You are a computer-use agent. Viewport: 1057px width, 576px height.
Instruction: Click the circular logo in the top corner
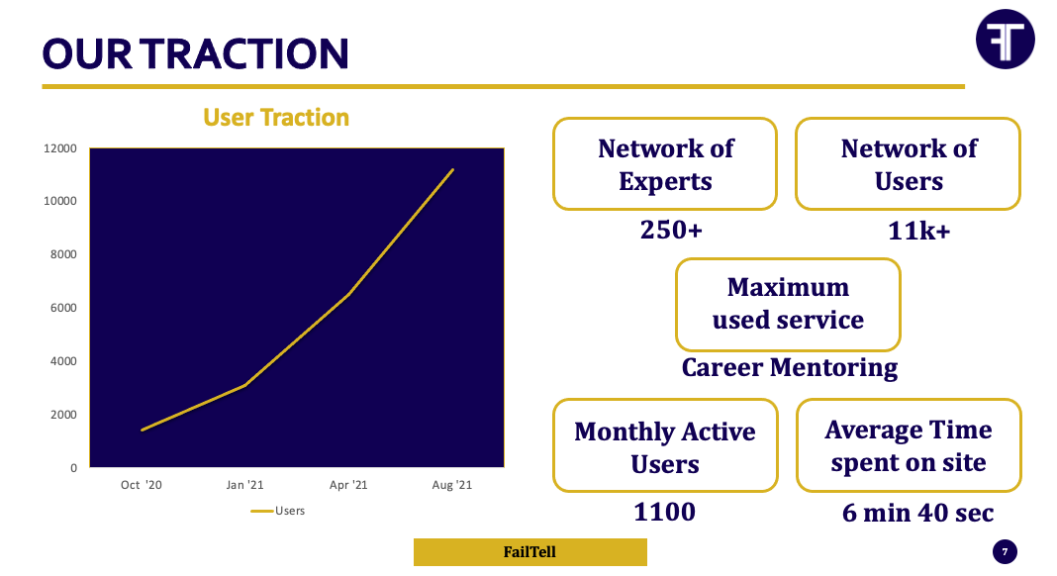(x=1006, y=40)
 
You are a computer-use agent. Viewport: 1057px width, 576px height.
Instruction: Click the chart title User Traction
(x=276, y=118)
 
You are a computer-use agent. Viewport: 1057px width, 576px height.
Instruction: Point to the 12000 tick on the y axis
(x=60, y=148)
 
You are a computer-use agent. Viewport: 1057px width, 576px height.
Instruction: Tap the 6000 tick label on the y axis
(x=63, y=308)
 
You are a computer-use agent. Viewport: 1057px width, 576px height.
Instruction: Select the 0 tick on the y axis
(x=73, y=468)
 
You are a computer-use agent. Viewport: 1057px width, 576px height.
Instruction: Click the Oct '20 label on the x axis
(x=141, y=485)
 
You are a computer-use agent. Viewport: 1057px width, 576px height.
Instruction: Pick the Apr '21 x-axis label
(x=348, y=485)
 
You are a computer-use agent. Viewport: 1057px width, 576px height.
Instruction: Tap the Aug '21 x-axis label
(x=451, y=485)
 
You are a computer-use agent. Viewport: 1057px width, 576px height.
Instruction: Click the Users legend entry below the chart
(x=278, y=511)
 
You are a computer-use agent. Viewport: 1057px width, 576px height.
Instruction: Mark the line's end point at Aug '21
(x=452, y=170)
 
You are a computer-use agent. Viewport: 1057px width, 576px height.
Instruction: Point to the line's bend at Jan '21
(x=245, y=385)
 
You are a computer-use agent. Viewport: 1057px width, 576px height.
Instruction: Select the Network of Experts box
(x=665, y=164)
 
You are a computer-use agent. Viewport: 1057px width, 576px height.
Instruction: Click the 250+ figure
(x=671, y=230)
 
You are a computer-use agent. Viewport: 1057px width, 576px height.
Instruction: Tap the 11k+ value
(x=918, y=232)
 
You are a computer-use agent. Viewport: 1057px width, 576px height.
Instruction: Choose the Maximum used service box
(x=788, y=304)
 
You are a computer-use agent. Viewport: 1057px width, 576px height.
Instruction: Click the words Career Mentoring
(x=790, y=368)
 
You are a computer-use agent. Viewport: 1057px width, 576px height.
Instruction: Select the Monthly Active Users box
(x=665, y=445)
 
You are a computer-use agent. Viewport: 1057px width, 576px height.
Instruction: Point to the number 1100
(x=665, y=512)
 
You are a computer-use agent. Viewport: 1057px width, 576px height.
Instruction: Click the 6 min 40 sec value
(x=917, y=514)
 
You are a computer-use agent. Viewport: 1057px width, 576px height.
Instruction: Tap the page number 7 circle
(x=1005, y=551)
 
